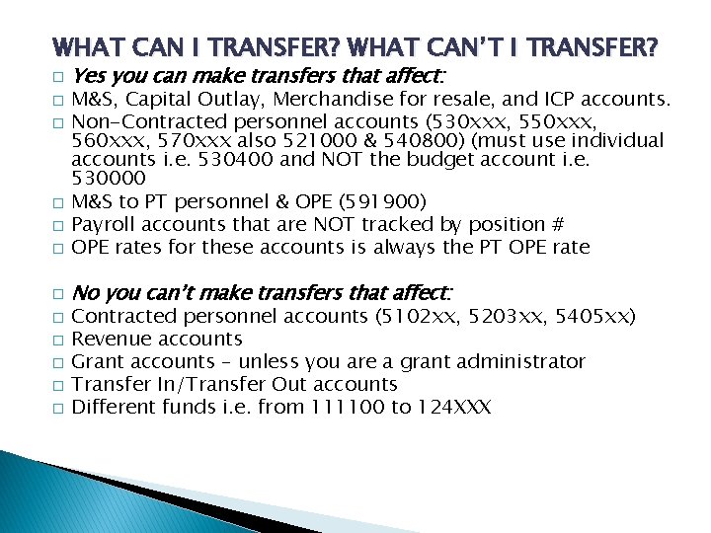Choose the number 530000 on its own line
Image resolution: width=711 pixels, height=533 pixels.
click(x=109, y=179)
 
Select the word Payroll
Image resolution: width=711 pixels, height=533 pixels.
click(x=105, y=224)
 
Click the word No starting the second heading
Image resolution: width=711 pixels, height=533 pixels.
click(x=86, y=293)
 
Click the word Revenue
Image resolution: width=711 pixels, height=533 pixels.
click(x=111, y=339)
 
